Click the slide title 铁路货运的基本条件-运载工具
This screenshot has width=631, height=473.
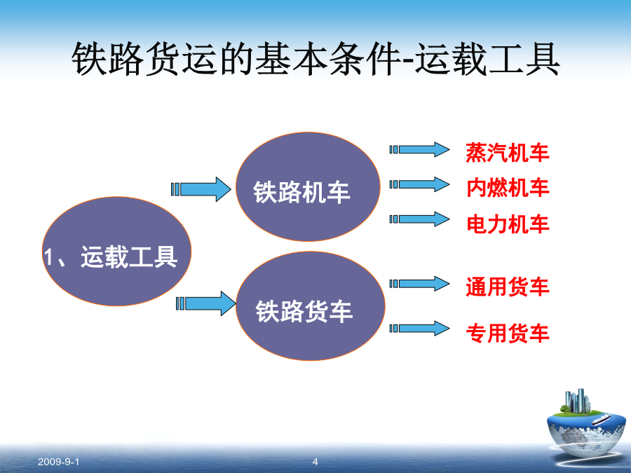point(315,60)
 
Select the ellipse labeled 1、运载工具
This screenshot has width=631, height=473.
point(116,252)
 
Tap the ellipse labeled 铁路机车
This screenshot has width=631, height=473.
point(308,186)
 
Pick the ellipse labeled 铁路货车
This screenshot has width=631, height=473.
point(311,306)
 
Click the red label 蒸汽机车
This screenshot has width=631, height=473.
point(508,153)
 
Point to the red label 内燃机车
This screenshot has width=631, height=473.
point(508,188)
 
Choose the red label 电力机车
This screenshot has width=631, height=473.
point(508,224)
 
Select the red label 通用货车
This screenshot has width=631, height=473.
point(508,287)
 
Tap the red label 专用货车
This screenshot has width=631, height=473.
point(508,333)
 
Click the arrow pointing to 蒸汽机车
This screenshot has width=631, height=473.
point(419,150)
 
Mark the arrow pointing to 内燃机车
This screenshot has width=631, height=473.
point(419,184)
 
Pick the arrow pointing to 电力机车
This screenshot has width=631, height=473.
point(419,219)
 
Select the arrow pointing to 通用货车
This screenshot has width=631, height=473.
point(419,284)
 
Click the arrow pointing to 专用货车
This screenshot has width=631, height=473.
point(419,328)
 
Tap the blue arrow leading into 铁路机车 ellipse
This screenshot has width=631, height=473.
point(201,189)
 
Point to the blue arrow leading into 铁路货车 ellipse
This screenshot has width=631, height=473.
point(206,303)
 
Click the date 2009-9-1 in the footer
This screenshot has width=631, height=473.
point(58,462)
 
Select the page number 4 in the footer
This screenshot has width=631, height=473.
point(315,462)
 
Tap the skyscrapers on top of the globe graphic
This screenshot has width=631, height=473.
point(578,401)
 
